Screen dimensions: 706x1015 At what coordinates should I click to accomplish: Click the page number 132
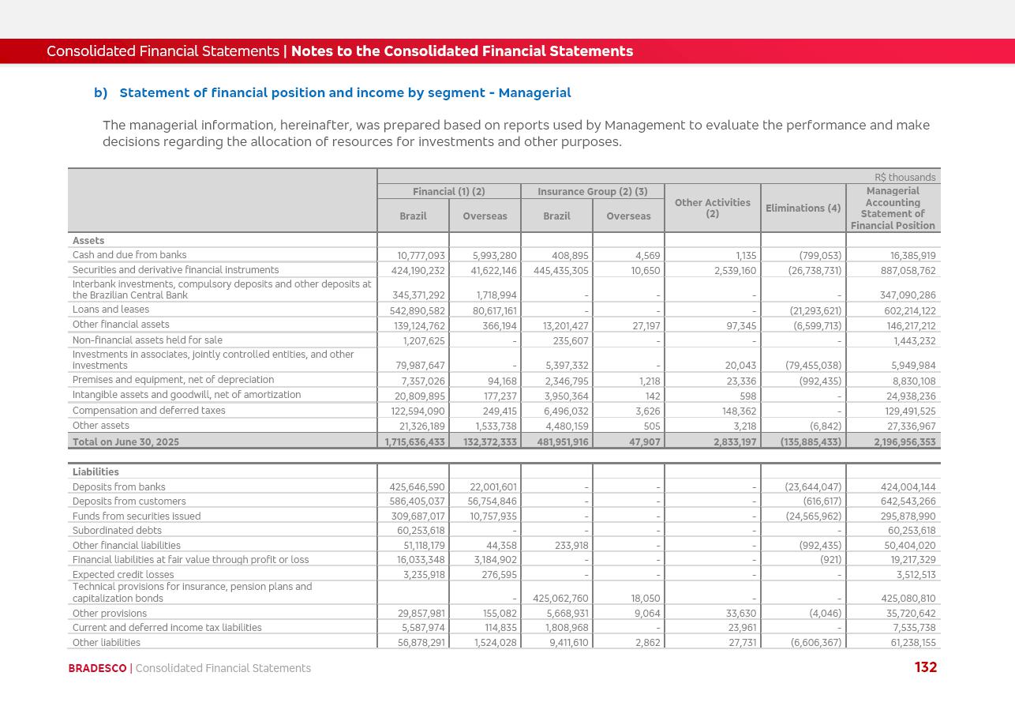[x=925, y=667]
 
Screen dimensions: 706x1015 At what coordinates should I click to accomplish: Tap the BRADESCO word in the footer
[x=97, y=668]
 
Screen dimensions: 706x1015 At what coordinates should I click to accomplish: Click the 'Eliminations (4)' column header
[x=803, y=208]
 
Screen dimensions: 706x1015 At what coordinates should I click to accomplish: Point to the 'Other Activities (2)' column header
[x=712, y=208]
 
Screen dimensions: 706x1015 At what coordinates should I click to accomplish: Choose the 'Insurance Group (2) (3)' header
[x=592, y=192]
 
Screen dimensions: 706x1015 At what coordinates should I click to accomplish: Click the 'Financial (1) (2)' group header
[x=448, y=192]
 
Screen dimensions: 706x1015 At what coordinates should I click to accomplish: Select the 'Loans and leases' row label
[x=110, y=310]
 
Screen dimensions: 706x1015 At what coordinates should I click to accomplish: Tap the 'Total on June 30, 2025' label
[x=125, y=442]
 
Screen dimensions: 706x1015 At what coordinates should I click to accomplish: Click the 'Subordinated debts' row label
[x=117, y=531]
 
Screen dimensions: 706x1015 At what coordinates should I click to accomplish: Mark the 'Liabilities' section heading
[x=96, y=472]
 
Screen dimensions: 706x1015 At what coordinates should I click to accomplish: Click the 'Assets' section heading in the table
[x=88, y=241]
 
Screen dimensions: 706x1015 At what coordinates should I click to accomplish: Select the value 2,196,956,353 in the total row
[x=905, y=442]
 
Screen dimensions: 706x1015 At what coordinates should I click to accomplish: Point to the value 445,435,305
[x=560, y=270]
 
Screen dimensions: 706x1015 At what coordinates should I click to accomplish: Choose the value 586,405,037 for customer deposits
[x=417, y=501]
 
